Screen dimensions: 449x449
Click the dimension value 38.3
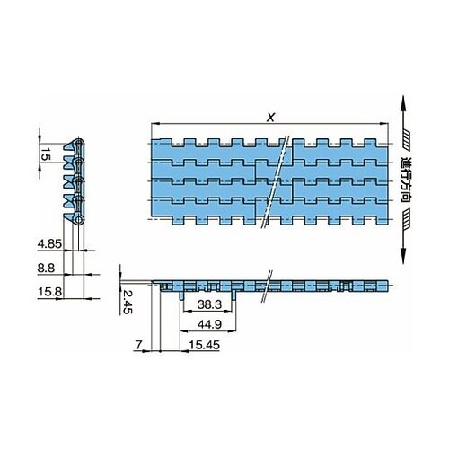(209, 304)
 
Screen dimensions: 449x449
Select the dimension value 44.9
(209, 324)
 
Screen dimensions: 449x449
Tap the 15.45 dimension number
(205, 345)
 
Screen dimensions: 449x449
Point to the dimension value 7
(138, 345)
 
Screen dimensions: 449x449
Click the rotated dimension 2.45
(128, 302)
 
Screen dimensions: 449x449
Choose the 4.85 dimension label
(49, 244)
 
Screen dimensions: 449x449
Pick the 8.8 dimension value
(46, 268)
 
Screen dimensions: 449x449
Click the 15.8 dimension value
(50, 292)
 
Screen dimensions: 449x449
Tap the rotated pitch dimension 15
(45, 154)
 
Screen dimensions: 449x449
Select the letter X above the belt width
(270, 118)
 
